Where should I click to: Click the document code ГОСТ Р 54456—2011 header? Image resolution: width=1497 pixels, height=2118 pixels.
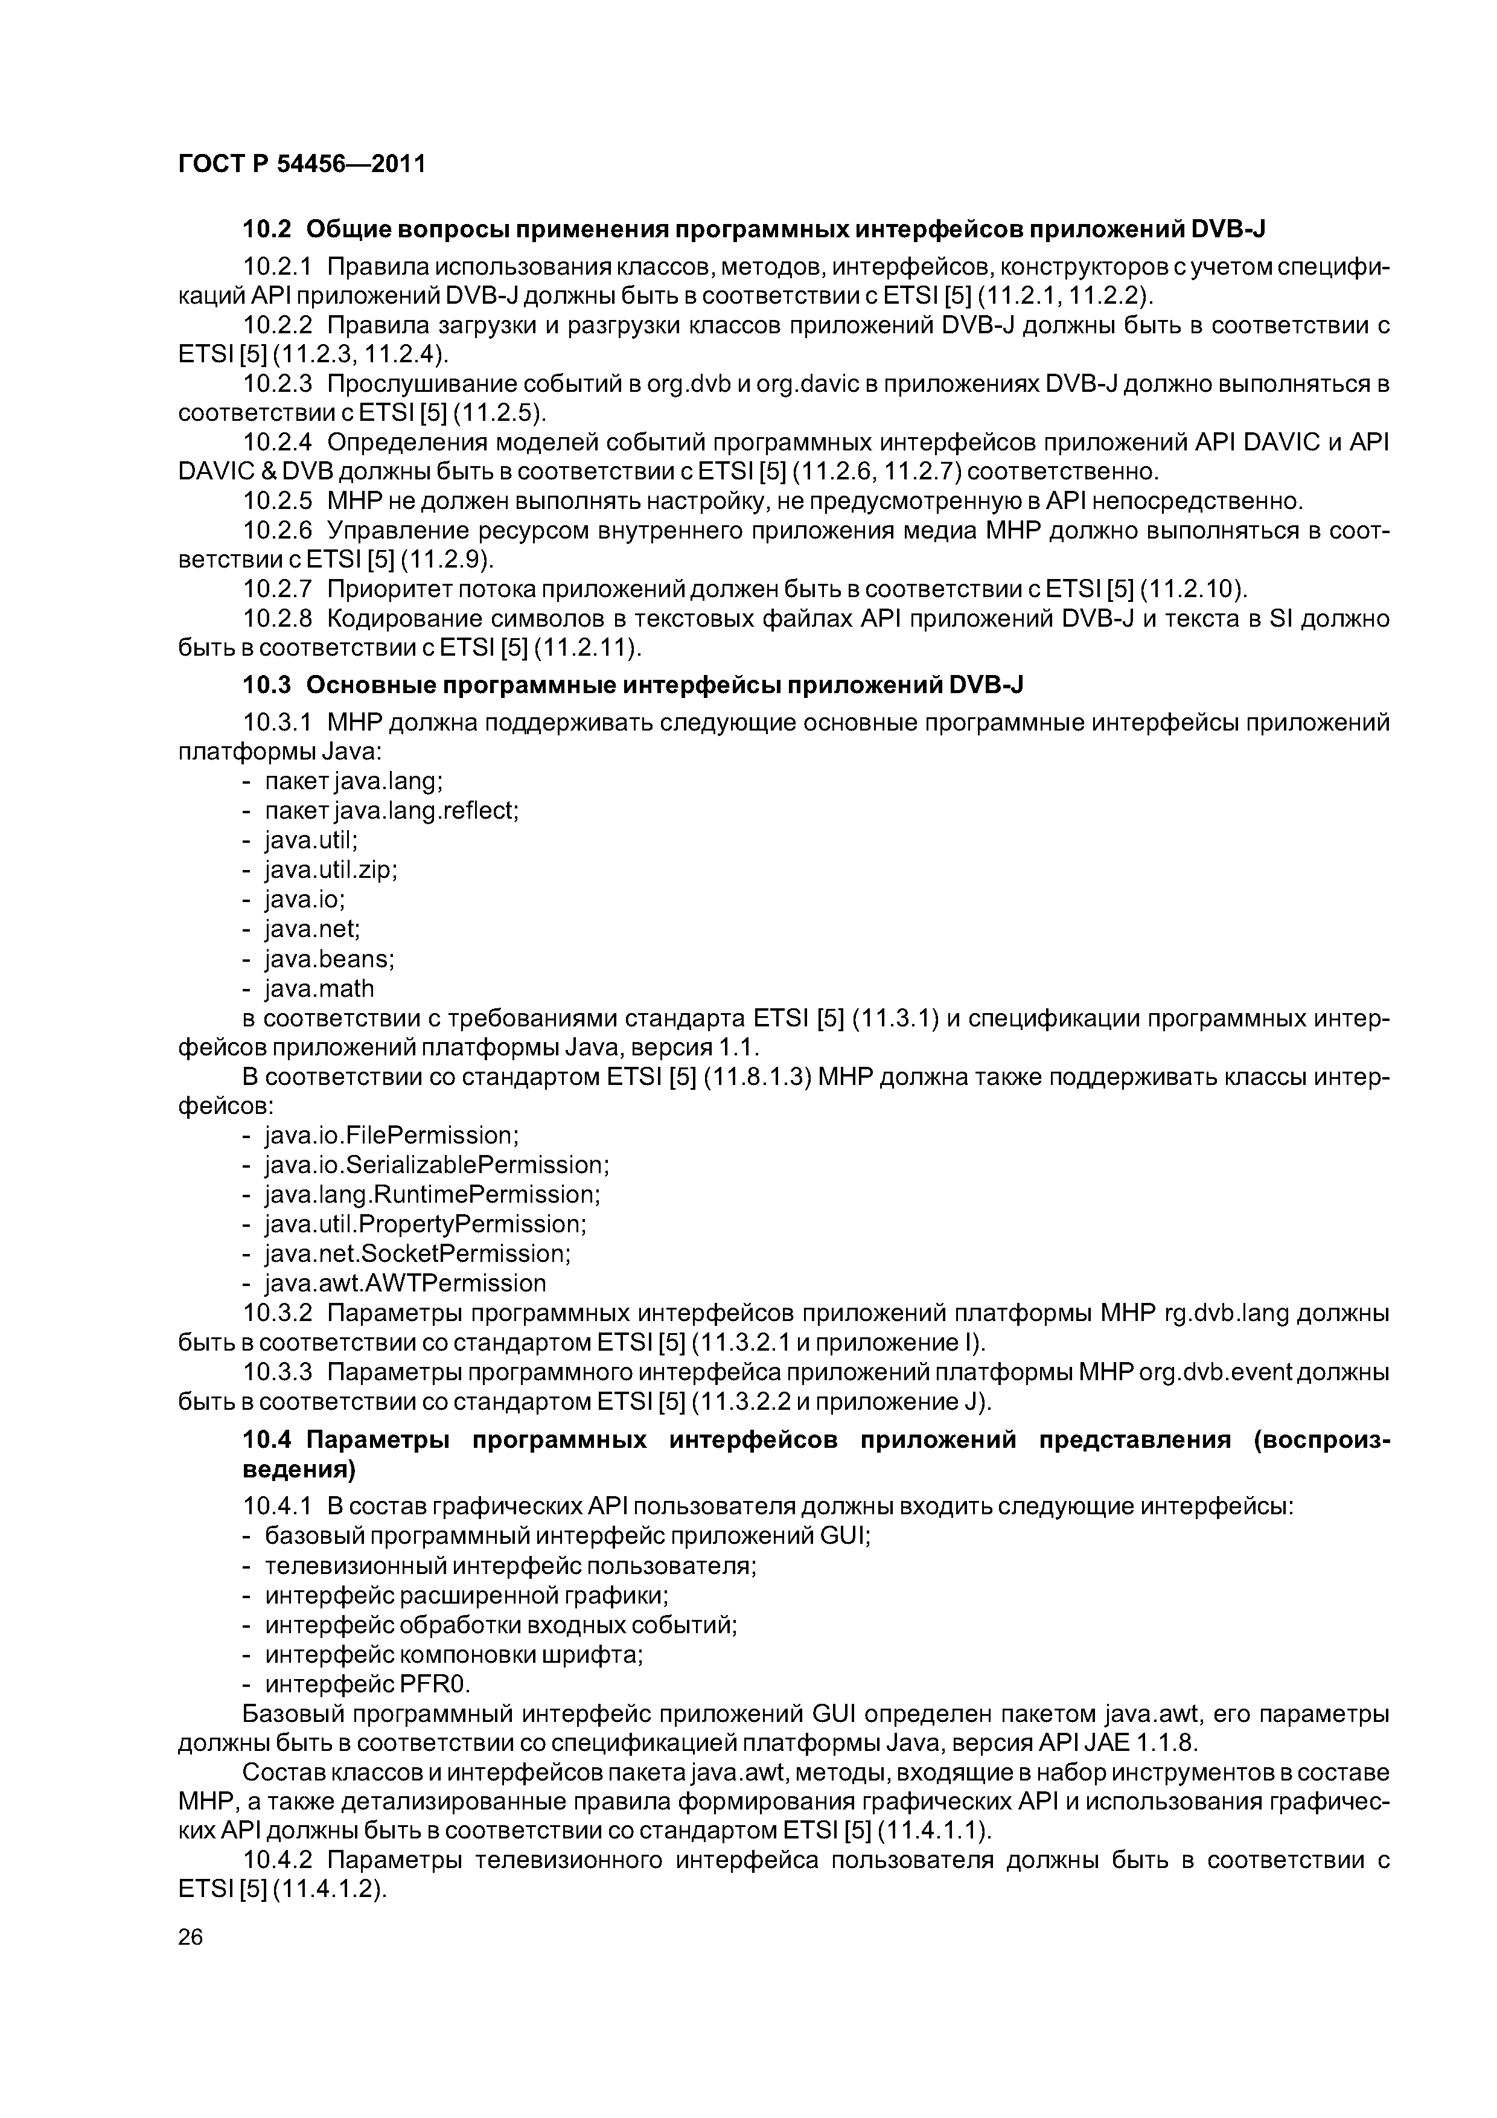302,164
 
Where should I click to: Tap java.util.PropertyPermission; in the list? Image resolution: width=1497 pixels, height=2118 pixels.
425,1223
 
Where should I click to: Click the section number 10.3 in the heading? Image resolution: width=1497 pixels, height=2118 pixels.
267,685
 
